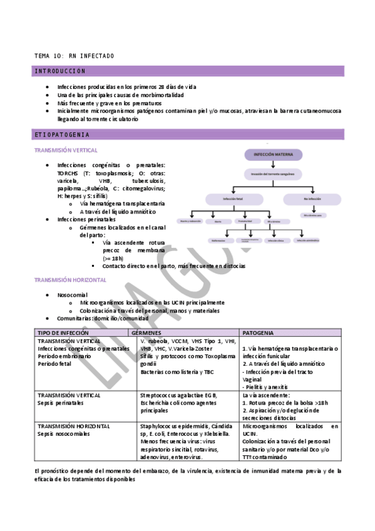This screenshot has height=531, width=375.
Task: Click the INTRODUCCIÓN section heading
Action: point(60,71)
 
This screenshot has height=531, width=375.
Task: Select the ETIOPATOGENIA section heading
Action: point(62,135)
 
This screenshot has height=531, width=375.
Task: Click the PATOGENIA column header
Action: point(257,333)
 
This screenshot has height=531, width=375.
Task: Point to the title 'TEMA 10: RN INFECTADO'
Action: point(74,56)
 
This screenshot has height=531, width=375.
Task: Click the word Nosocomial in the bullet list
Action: point(72,294)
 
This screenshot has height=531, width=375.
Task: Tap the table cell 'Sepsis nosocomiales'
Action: point(63,434)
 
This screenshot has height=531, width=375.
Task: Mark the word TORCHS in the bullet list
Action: point(68,173)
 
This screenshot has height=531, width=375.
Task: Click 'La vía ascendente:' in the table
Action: point(265,395)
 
